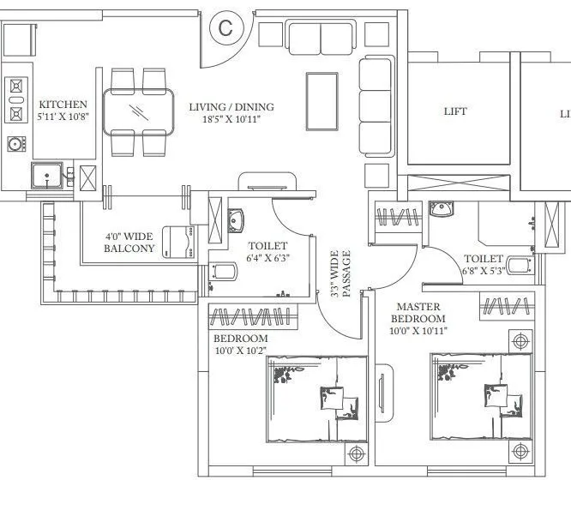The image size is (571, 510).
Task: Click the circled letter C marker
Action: (x=225, y=27)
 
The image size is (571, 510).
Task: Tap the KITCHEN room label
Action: (x=63, y=105)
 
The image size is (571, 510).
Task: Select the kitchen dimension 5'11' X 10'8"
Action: (x=63, y=118)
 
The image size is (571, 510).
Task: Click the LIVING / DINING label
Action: (x=231, y=107)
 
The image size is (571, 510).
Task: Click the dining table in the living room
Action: (x=137, y=112)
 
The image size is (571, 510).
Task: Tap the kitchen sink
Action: (x=45, y=177)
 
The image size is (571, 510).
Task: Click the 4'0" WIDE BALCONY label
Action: (x=129, y=243)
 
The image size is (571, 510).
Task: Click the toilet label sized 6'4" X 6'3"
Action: (x=267, y=251)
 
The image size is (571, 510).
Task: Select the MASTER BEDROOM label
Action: (x=418, y=312)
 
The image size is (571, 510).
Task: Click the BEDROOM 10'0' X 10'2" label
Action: (x=240, y=345)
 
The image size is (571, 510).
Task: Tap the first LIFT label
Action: (x=455, y=112)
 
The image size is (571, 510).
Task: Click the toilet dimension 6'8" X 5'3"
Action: (x=483, y=270)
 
